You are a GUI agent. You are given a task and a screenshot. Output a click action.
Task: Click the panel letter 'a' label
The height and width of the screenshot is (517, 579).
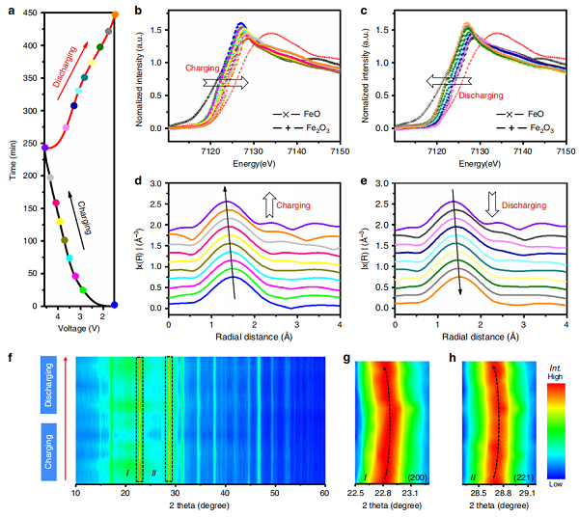[x=8, y=10]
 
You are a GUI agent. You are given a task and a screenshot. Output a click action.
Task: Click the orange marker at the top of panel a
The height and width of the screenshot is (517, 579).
[x=116, y=14]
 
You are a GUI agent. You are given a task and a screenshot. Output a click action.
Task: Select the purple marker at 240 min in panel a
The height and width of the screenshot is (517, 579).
[x=44, y=148]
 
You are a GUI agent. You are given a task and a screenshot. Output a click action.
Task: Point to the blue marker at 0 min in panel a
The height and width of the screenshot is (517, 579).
[x=115, y=305]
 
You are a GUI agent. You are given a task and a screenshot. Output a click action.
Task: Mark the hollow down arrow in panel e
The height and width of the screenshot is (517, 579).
[x=491, y=204]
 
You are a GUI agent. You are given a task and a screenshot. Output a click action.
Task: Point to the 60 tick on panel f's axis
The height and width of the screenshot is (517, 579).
[x=324, y=492]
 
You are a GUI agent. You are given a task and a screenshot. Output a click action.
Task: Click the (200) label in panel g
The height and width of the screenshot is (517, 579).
[x=418, y=477]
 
